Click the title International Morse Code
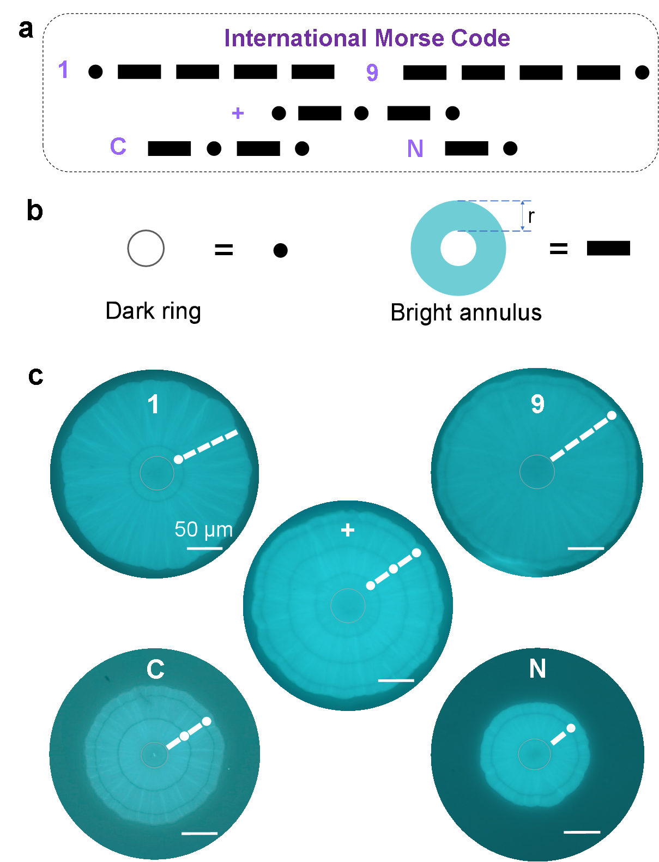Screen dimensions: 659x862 pyautogui.click(x=367, y=38)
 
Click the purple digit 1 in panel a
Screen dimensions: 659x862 pyautogui.click(x=63, y=69)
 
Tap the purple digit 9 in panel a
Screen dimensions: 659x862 pyautogui.click(x=372, y=73)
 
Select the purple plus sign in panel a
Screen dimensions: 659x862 pyautogui.click(x=238, y=113)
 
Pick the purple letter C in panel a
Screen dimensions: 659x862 pyautogui.click(x=118, y=146)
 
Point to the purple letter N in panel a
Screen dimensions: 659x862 pyautogui.click(x=415, y=148)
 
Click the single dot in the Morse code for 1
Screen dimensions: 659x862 pyautogui.click(x=95, y=72)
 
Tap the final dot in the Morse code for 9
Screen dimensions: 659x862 pyautogui.click(x=642, y=73)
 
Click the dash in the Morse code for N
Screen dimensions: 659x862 pyautogui.click(x=466, y=148)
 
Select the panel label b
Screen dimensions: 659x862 pyautogui.click(x=34, y=210)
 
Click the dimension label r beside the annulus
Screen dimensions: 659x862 pyautogui.click(x=531, y=216)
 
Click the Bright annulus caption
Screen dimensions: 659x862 pyautogui.click(x=466, y=313)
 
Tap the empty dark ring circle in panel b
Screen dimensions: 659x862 pyautogui.click(x=128, y=248)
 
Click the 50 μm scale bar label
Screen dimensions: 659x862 pyautogui.click(x=203, y=530)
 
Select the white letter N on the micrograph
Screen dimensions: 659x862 pyautogui.click(x=537, y=668)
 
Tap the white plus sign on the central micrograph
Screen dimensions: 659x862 pyautogui.click(x=347, y=530)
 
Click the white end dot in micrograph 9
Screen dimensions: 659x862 pyautogui.click(x=612, y=415)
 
